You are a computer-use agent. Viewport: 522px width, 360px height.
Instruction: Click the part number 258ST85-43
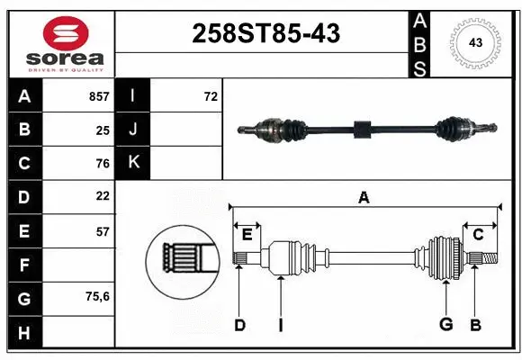[x=266, y=34]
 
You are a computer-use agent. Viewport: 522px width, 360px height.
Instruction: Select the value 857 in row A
[x=98, y=96]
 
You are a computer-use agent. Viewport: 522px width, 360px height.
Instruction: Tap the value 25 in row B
[x=103, y=130]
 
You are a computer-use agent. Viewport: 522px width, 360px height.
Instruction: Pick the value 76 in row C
[x=103, y=164]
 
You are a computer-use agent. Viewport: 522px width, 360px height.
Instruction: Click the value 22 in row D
[x=103, y=195]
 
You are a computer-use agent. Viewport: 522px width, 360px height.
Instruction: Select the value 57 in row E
[x=103, y=231]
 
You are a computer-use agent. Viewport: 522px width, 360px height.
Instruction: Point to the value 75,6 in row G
[x=97, y=296]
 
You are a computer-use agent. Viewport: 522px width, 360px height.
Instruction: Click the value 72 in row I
[x=211, y=96]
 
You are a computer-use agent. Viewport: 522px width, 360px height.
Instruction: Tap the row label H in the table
[x=23, y=332]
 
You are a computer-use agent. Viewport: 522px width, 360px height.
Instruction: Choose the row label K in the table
[x=133, y=163]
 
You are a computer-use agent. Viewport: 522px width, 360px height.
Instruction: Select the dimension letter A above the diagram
[x=364, y=197]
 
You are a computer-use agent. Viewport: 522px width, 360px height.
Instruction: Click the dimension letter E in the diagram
[x=247, y=235]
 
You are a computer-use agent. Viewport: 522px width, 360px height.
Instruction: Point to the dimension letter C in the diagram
[x=479, y=235]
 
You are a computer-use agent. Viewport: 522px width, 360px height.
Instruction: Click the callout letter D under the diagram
[x=239, y=325]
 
